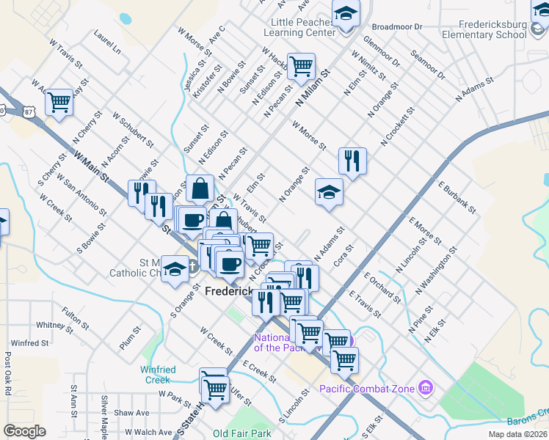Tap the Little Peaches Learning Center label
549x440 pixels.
[299, 28]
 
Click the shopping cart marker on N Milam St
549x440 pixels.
[301, 67]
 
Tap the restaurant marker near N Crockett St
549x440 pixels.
[352, 161]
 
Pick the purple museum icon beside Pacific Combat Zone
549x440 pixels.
[425, 387]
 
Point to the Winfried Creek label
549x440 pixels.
[156, 375]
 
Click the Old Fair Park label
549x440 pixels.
[241, 433]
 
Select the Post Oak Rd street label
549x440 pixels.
[7, 373]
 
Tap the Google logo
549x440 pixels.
[24, 431]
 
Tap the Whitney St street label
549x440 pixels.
[51, 325]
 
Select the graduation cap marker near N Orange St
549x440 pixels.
[330, 192]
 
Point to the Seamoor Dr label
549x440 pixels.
[429, 65]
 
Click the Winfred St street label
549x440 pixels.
[30, 342]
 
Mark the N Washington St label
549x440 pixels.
[436, 270]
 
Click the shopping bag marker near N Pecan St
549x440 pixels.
[200, 188]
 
